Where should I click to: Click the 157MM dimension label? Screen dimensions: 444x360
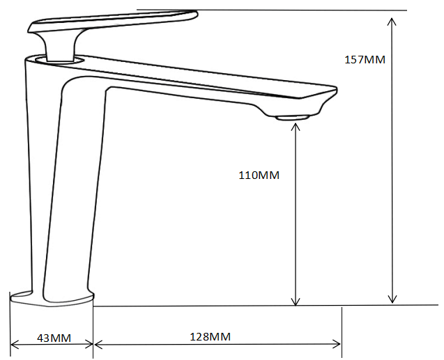pyautogui.click(x=365, y=60)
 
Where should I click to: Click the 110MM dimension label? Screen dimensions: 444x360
pyautogui.click(x=259, y=175)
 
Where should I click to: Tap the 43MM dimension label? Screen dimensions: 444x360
pyautogui.click(x=54, y=338)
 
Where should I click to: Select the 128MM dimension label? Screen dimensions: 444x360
pyautogui.click(x=210, y=337)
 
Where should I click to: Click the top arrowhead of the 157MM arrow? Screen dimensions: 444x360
pyautogui.click(x=392, y=22)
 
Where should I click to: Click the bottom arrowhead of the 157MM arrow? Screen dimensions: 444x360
pyautogui.click(x=392, y=299)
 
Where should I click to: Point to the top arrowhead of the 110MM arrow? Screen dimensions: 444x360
pyautogui.click(x=296, y=127)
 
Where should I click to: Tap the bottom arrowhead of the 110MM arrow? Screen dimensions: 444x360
pyautogui.click(x=296, y=301)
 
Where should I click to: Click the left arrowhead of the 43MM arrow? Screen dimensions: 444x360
pyautogui.click(x=15, y=345)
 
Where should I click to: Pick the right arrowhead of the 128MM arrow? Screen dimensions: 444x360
pyautogui.click(x=337, y=344)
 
